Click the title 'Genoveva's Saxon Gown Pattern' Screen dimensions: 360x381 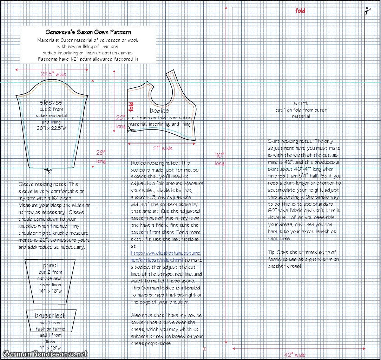[88, 32]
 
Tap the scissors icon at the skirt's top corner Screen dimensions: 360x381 [368, 11]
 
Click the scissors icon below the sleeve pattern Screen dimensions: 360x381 [47, 171]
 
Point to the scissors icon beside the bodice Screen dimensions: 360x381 [131, 130]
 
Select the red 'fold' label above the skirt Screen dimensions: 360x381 [300, 11]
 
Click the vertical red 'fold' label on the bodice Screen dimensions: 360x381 [131, 107]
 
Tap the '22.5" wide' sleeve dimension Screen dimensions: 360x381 [53, 74]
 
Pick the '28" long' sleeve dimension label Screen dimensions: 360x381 [101, 156]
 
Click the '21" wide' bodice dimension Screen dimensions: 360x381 [163, 148]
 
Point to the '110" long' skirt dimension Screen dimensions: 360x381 [219, 159]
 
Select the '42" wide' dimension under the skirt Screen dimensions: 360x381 [295, 355]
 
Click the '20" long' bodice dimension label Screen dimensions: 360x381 [120, 122]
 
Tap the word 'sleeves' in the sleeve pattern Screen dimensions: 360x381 [51, 102]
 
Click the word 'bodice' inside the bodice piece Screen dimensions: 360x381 [159, 111]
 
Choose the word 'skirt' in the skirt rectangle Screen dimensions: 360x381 [301, 103]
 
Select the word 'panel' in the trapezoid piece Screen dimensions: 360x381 [50, 265]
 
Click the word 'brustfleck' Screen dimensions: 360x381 [50, 316]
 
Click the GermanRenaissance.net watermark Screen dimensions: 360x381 [45, 353]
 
